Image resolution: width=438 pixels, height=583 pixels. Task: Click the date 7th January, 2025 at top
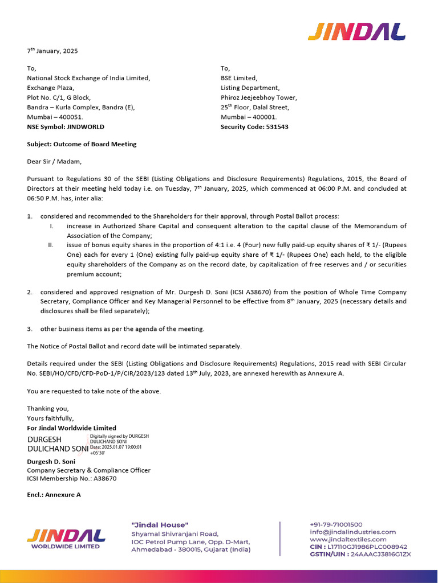click(x=52, y=51)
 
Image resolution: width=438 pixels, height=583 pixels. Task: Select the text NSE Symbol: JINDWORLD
click(x=66, y=127)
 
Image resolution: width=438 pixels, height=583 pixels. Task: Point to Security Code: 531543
click(x=254, y=127)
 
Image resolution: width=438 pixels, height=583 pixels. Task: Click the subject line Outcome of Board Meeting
click(x=82, y=144)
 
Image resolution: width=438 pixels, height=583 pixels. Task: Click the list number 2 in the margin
click(x=30, y=292)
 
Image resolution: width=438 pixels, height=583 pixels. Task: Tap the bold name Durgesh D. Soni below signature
click(x=51, y=462)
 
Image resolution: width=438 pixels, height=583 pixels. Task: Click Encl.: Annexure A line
click(x=54, y=495)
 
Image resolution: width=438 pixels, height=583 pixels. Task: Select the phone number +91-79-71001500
click(x=336, y=524)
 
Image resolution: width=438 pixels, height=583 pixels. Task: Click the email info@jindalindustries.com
click(x=352, y=532)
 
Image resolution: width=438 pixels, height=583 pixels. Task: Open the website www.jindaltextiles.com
click(x=348, y=539)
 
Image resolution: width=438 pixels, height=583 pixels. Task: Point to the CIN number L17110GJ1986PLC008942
click(x=367, y=547)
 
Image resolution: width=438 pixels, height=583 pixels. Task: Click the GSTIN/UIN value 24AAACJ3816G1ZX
click(x=381, y=554)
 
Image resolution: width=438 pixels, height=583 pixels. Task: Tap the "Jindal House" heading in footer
click(x=160, y=524)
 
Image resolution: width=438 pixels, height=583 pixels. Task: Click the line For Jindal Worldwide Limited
click(x=71, y=428)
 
